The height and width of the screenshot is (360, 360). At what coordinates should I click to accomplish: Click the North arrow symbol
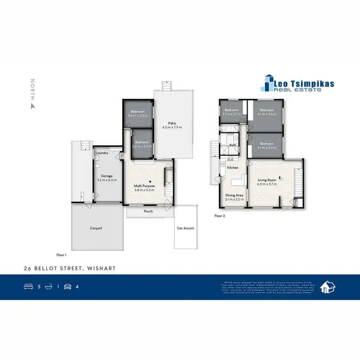coord(33,104)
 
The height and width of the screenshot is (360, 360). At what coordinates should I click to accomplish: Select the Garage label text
coord(107,176)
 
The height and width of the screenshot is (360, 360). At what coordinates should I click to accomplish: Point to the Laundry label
coord(102,153)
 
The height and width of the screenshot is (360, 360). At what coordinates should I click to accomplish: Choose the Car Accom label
coord(185,228)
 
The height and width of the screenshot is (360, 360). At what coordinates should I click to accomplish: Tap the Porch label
coord(148,211)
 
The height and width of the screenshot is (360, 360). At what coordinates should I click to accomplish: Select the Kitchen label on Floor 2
coord(233,168)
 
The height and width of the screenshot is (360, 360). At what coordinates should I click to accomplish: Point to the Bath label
coord(233,145)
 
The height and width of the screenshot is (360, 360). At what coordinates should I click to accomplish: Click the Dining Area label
coord(235,195)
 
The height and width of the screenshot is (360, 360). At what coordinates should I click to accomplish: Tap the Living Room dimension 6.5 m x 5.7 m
coord(268,184)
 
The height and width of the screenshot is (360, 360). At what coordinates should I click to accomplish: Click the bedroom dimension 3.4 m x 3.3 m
coord(138,116)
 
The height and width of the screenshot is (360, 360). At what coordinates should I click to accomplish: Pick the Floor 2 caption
coord(220,216)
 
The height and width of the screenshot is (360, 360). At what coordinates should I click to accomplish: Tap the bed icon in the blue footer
coord(28,287)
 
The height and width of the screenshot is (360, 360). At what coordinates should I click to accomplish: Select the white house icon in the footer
coord(327,287)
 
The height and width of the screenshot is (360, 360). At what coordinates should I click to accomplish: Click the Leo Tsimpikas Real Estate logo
coord(297,84)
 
